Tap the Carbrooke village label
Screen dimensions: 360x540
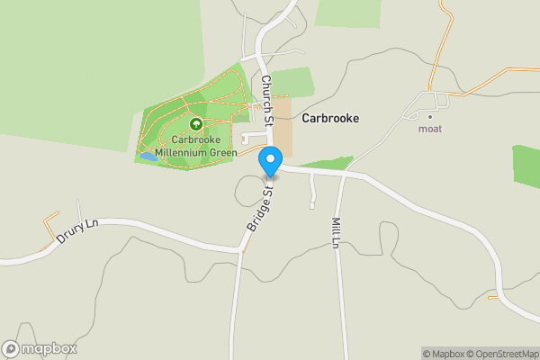(331, 118)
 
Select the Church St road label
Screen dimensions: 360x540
(267, 98)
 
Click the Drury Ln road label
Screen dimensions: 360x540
(76, 234)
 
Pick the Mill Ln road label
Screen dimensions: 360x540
(337, 232)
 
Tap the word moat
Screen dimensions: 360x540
(430, 129)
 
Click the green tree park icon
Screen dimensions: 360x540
(195, 124)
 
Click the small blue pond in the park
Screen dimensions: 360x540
(148, 155)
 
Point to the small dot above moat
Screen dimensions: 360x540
(430, 116)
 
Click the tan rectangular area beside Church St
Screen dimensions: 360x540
(283, 125)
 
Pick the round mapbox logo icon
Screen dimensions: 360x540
(11, 348)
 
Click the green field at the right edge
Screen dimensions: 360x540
(526, 166)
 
